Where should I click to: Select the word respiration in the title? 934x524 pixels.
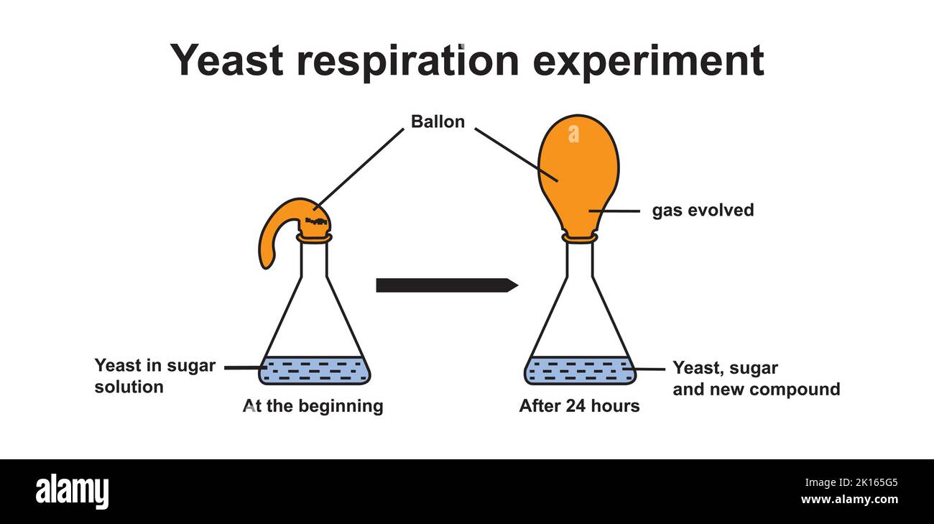coord(407,60)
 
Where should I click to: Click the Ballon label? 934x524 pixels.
coord(438,122)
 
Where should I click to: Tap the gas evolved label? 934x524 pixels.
coord(703,211)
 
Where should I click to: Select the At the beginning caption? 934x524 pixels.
coord(313,406)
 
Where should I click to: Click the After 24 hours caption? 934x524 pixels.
coord(579,406)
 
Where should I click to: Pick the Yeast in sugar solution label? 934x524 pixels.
coord(154,376)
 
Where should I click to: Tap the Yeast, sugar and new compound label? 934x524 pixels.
coord(755,379)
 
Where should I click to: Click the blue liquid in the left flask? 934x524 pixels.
coord(315,370)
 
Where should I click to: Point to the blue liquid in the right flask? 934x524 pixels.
coord(580,370)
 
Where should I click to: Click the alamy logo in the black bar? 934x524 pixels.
coord(72,492)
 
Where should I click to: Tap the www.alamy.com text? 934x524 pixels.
coord(849,500)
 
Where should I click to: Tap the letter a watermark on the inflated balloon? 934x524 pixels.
coord(573,134)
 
